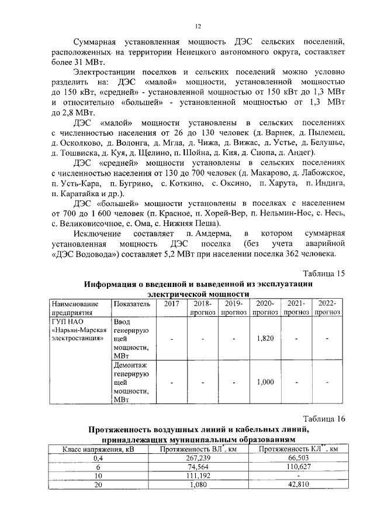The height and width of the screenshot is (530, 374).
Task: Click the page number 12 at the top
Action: [198, 25]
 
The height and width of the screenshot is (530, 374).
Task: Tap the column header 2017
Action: [171, 304]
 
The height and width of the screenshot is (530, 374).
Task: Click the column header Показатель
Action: [132, 304]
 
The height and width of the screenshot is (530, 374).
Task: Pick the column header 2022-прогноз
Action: [327, 308]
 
